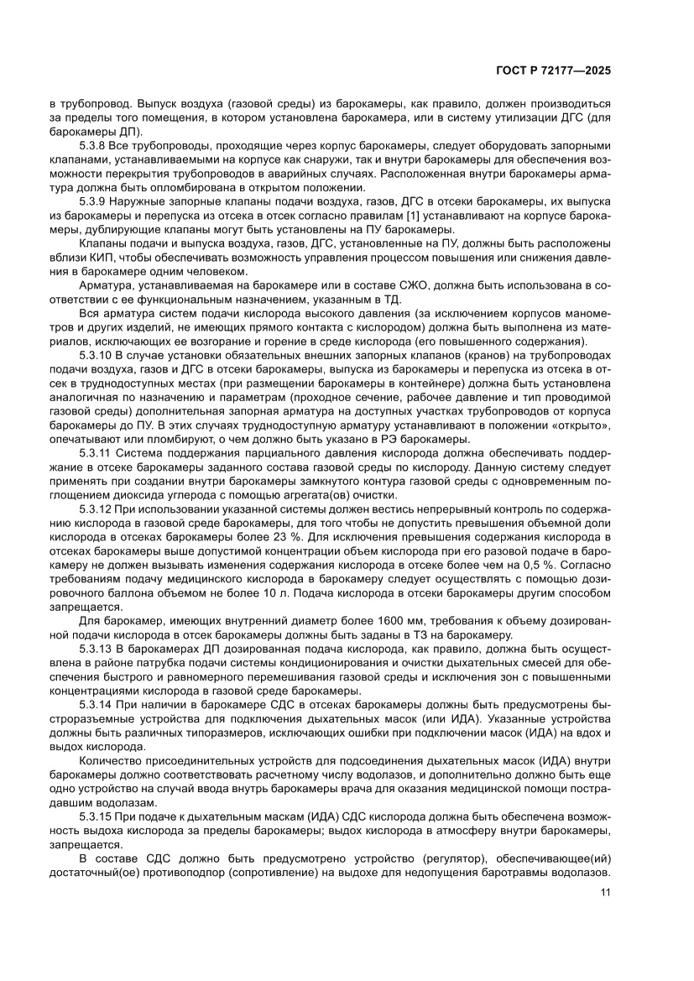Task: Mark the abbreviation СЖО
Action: click(378, 286)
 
